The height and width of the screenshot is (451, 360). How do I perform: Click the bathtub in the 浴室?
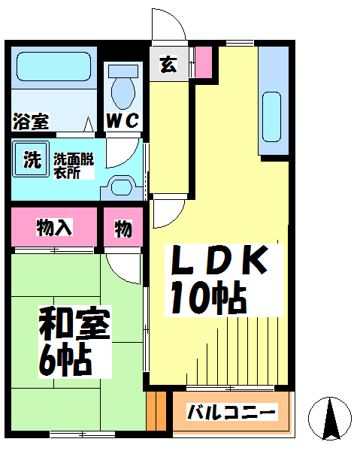(54, 66)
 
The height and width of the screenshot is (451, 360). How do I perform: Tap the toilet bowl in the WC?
(123, 92)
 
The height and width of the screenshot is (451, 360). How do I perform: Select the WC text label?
(123, 120)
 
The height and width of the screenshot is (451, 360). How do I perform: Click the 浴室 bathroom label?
(31, 121)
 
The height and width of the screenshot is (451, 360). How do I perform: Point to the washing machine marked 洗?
(31, 159)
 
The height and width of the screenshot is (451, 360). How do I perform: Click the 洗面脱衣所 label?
(74, 166)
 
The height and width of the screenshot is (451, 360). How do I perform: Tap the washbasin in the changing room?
(122, 187)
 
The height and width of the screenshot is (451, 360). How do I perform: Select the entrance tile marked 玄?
(168, 64)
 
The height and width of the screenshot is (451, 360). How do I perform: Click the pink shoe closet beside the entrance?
(204, 62)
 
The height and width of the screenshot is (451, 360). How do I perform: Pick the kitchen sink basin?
(272, 117)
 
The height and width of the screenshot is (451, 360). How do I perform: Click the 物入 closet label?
(54, 227)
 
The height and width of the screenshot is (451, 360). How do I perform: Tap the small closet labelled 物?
(123, 227)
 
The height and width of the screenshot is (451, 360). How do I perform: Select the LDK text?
(219, 259)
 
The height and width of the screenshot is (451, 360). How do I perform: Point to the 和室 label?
(74, 323)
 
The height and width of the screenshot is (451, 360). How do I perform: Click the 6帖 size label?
(65, 359)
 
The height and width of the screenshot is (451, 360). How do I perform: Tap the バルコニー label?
(231, 412)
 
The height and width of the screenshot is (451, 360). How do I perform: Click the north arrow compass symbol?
(330, 419)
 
